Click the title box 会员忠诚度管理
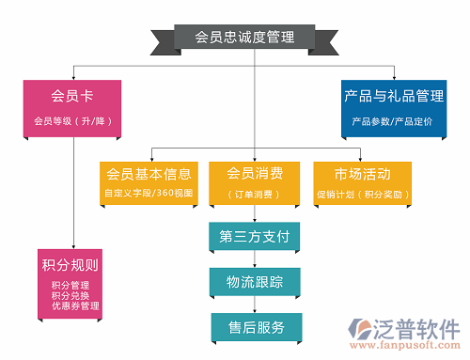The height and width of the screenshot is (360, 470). tap(244, 38)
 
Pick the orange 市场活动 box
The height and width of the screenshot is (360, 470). tap(362, 183)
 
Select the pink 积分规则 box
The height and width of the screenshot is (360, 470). tap(70, 282)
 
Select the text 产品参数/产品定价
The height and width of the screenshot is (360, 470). tap(392, 121)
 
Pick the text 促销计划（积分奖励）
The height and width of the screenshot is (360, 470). tap(362, 195)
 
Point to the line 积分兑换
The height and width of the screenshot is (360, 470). tap(70, 295)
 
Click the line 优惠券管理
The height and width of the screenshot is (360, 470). tap(76, 305)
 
